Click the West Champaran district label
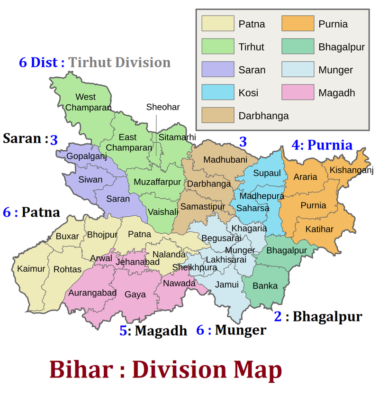point(88,102)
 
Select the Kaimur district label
point(31,269)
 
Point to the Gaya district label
point(135,294)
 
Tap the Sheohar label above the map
point(163,107)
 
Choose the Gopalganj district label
point(86,156)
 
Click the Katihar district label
point(319,229)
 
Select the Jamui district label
point(227,285)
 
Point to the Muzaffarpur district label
point(157,182)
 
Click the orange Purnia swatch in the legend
point(298,24)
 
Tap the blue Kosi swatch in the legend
point(217,92)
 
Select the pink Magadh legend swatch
point(298,92)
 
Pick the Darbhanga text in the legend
point(263,115)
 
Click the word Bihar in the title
point(79,369)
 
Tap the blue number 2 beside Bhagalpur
point(278,316)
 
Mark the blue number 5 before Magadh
point(123,331)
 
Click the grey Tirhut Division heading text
point(119,62)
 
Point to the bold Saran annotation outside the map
point(22,138)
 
